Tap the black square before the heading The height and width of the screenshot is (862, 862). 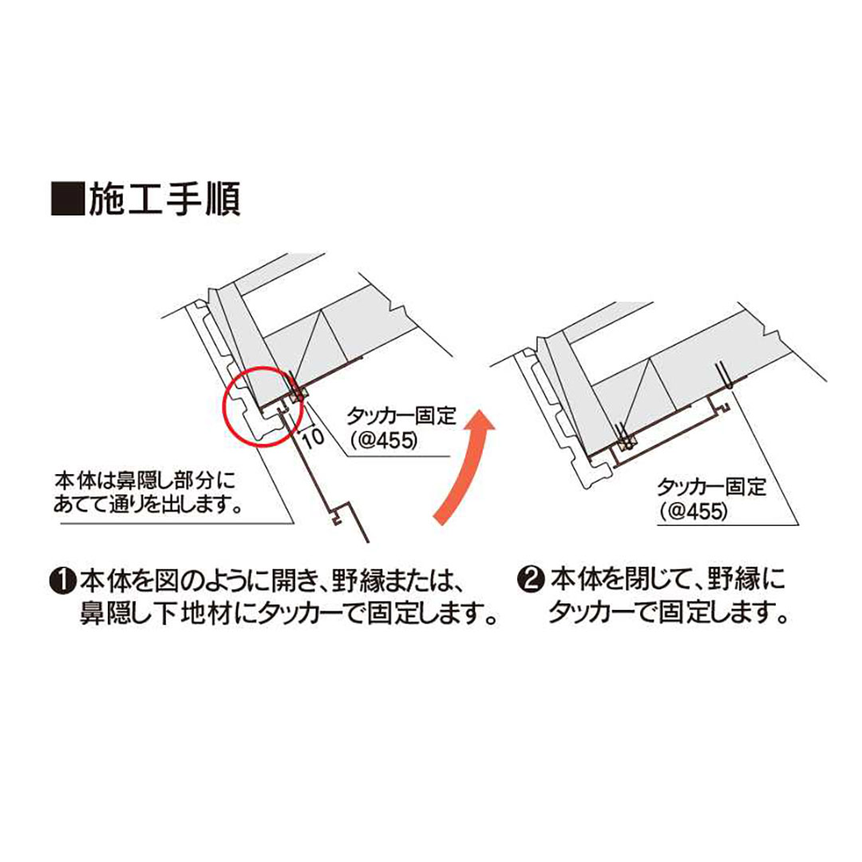tap(68, 200)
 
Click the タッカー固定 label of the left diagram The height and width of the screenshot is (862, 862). tap(401, 416)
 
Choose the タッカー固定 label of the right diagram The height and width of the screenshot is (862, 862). tap(711, 487)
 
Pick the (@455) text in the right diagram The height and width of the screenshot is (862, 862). tap(693, 512)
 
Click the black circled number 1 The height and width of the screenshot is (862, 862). tap(63, 581)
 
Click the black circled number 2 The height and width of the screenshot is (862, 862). tap(532, 581)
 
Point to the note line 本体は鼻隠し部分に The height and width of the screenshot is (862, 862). tap(144, 480)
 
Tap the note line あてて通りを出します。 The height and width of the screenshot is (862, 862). tap(148, 504)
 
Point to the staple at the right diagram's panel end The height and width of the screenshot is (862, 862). tap(722, 375)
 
